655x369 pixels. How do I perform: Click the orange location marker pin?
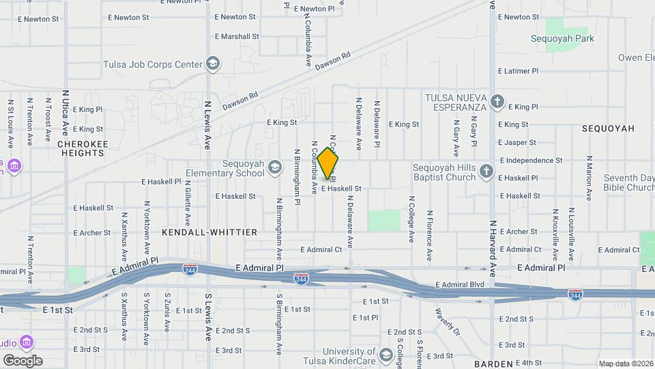point(328,163)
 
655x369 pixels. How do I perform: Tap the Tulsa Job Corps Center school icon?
point(214,65)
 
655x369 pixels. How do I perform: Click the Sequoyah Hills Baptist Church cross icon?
point(486,171)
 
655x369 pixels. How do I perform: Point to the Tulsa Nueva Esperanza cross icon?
point(497,102)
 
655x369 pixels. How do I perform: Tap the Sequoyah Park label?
point(562,39)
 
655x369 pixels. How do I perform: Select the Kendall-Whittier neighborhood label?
point(209,232)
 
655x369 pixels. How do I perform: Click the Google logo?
point(23,361)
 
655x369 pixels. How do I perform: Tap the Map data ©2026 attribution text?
point(625,364)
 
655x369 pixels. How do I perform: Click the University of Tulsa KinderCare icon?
point(387,354)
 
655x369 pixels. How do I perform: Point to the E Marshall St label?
point(237,36)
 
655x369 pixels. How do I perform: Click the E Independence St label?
point(531,161)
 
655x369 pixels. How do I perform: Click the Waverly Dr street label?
point(448,320)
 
